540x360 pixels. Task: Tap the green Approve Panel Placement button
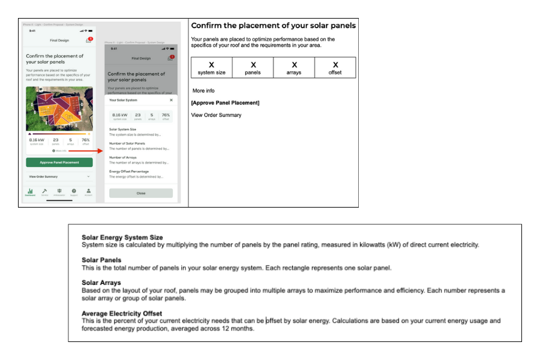(59, 163)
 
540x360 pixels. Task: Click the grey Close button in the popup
(140, 193)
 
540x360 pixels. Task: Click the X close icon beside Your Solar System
(171, 100)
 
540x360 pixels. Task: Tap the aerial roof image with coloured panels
(59, 109)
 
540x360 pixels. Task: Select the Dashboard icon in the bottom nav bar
(30, 192)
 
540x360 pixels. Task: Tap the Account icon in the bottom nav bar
(88, 192)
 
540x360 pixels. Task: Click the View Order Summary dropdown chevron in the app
(88, 177)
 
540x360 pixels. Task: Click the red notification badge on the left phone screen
(90, 39)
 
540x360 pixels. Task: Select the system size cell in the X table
(211, 68)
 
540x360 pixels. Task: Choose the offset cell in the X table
(335, 68)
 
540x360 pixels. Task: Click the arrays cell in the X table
(294, 68)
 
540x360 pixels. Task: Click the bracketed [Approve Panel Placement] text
(225, 103)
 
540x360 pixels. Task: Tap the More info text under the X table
(203, 91)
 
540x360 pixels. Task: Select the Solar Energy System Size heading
(122, 238)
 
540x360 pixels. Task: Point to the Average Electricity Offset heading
(122, 313)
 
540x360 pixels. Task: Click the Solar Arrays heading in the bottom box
(101, 283)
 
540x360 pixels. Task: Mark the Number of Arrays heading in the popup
(123, 157)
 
